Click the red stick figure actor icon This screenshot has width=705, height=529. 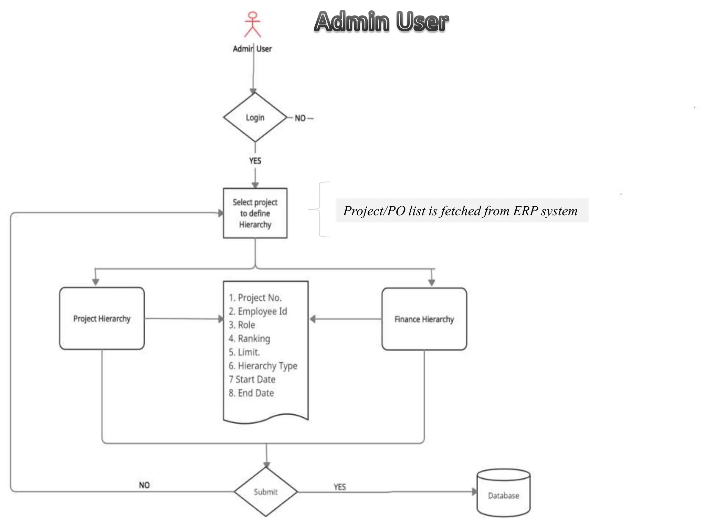click(252, 24)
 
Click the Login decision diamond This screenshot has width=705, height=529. click(255, 117)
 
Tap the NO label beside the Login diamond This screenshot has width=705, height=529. click(300, 118)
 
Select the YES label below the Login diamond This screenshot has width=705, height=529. click(255, 161)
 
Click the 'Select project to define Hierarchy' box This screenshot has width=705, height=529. click(255, 213)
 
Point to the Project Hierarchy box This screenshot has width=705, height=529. click(102, 319)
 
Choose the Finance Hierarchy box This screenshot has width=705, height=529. click(424, 319)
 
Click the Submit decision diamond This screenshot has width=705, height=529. click(266, 492)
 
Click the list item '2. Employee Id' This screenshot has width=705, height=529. click(258, 311)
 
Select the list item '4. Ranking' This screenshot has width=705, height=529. click(250, 339)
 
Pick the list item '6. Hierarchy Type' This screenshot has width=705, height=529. click(263, 366)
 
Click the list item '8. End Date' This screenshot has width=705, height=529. click(251, 393)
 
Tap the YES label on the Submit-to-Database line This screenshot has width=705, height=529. click(339, 487)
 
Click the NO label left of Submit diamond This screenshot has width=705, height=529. click(144, 485)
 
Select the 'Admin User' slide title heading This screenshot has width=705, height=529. click(381, 21)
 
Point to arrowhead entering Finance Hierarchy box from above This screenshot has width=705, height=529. click(432, 282)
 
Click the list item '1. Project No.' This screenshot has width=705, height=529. click(255, 298)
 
